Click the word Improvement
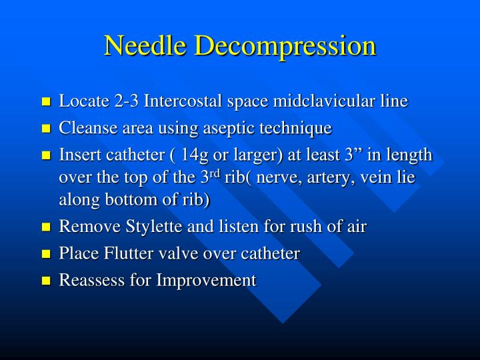[x=206, y=280]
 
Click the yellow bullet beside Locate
[x=46, y=103]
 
